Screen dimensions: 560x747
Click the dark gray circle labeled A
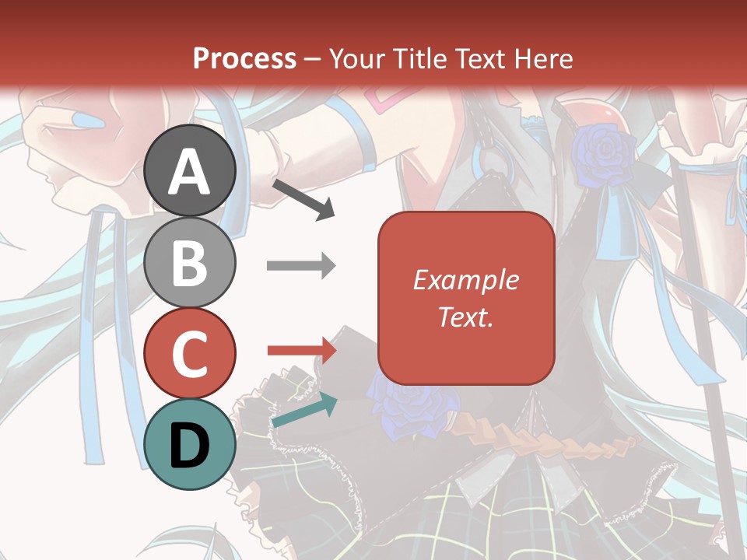pyautogui.click(x=190, y=170)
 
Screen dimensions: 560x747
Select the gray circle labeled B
pyautogui.click(x=190, y=262)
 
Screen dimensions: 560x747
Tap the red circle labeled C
pyautogui.click(x=190, y=353)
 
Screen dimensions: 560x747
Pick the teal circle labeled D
pyautogui.click(x=190, y=444)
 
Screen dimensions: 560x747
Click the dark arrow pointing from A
pyautogui.click(x=303, y=199)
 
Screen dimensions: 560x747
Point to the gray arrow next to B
pyautogui.click(x=300, y=265)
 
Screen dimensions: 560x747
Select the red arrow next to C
pyautogui.click(x=301, y=351)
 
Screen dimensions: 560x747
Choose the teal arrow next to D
pyautogui.click(x=304, y=410)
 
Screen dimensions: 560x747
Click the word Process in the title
pyautogui.click(x=244, y=58)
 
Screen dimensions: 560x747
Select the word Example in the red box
pyautogui.click(x=465, y=280)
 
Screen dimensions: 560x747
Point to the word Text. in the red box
pyautogui.click(x=465, y=317)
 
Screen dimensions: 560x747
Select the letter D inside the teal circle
pyautogui.click(x=190, y=446)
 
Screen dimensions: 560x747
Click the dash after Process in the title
pyautogui.click(x=313, y=59)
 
